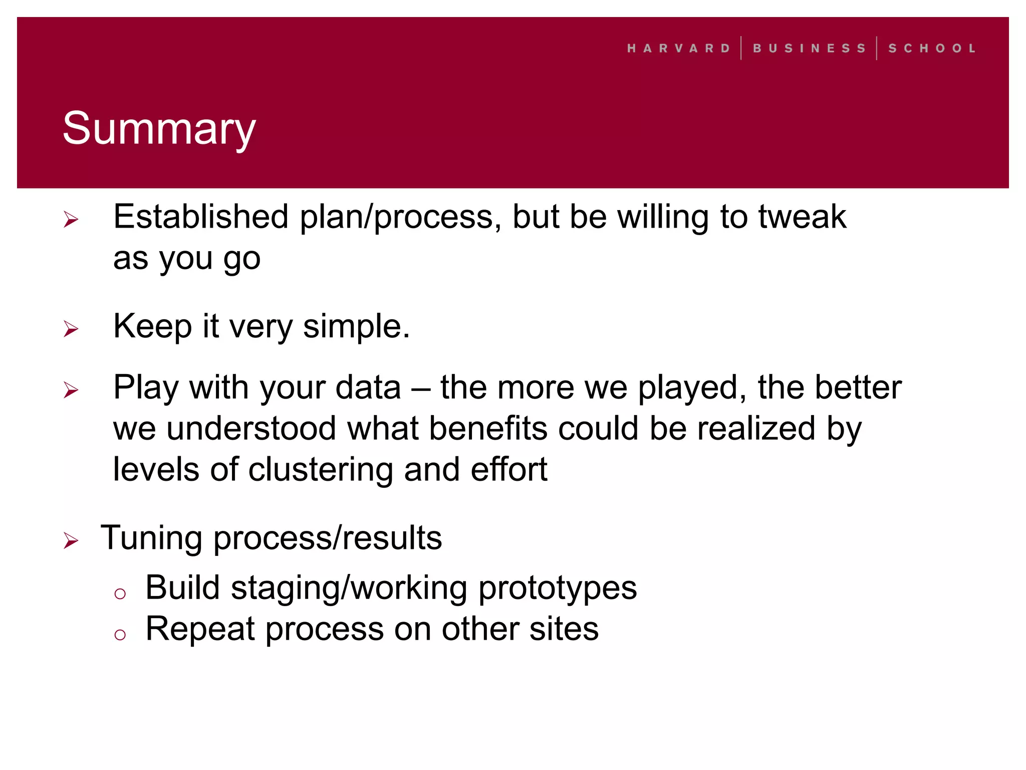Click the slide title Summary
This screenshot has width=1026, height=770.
tap(159, 128)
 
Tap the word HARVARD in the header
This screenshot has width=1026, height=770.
tap(679, 49)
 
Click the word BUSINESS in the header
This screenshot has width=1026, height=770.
tap(809, 49)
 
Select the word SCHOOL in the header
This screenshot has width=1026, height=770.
tap(932, 49)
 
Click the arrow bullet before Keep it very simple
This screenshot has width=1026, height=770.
tap(71, 329)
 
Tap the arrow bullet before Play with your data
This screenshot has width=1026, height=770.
tap(71, 390)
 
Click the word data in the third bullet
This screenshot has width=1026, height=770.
tap(368, 388)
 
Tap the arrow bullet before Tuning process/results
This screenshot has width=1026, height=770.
tap(71, 540)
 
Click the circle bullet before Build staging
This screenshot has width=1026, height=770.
tap(120, 594)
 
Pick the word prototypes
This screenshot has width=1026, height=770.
tap(557, 588)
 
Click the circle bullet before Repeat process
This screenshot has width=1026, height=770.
tap(120, 635)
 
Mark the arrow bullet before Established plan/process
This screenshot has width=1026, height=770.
tap(71, 219)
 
